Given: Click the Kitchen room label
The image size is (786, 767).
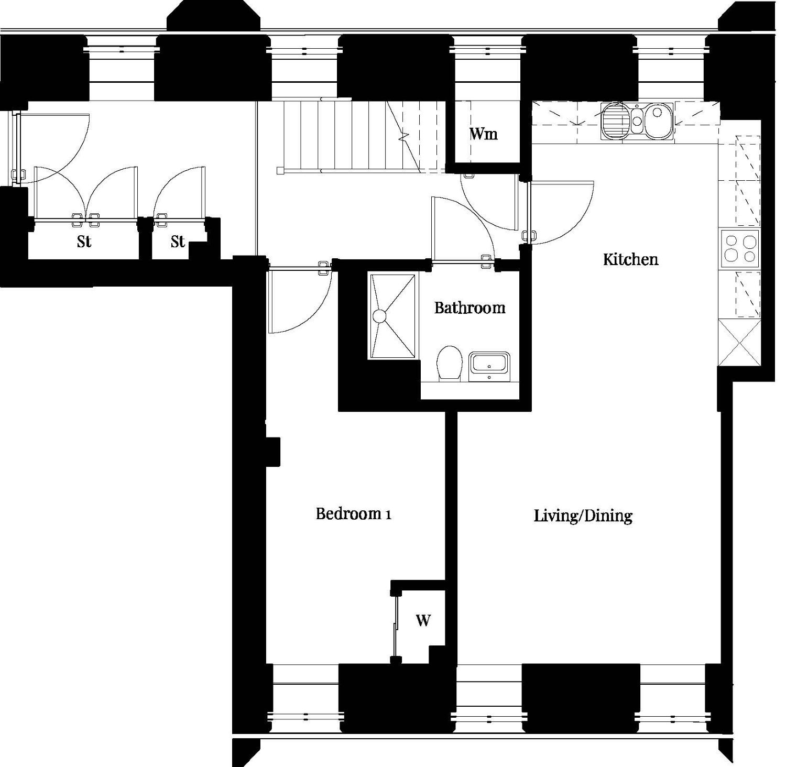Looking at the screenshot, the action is click(x=630, y=259).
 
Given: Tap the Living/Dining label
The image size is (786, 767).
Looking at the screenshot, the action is click(x=583, y=516).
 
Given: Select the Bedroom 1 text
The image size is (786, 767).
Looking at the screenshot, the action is click(x=353, y=513).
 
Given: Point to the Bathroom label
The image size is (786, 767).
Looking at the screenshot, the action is click(x=470, y=307).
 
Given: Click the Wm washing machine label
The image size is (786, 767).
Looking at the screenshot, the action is click(x=483, y=134).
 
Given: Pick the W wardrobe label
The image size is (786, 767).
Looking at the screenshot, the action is click(x=423, y=620).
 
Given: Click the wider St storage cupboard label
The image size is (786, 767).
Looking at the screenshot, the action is click(x=84, y=242).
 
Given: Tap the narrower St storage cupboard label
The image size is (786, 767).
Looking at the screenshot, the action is click(x=178, y=242).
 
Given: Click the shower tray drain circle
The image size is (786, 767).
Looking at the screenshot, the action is click(x=379, y=316).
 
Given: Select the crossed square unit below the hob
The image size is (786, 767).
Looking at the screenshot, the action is click(x=739, y=343).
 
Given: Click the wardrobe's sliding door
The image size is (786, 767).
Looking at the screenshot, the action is click(x=395, y=626).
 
